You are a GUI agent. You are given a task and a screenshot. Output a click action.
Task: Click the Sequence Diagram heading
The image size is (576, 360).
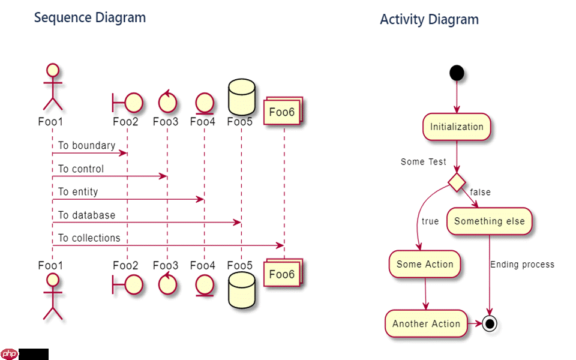coord(90,17)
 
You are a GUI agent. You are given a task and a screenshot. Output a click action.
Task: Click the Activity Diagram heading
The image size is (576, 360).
coord(429,19)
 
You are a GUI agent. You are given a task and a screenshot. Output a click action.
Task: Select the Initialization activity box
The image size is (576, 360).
coord(457,127)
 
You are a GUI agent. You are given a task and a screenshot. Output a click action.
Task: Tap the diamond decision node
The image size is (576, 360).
coord(457,182)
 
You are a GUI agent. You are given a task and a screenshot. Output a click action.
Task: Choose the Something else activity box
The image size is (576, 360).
coord(489,221)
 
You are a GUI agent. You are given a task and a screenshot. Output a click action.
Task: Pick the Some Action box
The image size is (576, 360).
coord(425,265)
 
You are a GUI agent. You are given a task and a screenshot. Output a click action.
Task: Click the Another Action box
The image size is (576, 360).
coord(426,323)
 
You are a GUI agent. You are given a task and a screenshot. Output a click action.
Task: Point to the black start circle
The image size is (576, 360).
coord(457,73)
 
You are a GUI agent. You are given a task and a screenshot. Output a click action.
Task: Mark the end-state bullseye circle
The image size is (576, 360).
coord(490,323)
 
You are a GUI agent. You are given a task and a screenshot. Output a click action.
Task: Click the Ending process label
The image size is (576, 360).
coord(522,265)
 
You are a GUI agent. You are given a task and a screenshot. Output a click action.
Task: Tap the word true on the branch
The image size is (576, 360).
coord(430,221)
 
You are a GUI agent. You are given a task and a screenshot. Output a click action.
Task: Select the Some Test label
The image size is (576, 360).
coord(424,162)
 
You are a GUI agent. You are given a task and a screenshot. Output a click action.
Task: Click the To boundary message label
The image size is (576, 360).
coord(86,146)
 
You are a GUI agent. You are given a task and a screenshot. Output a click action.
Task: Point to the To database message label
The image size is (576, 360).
coord(86,215)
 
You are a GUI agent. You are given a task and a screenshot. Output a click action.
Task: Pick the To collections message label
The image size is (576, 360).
coord(89,238)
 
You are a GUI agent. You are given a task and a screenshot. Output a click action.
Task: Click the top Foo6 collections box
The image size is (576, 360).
coord(282,111)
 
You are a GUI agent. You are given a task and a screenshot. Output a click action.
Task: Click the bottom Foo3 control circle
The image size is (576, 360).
coord(167,284)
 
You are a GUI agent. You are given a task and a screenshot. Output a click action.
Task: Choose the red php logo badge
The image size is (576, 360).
coord(10,354)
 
